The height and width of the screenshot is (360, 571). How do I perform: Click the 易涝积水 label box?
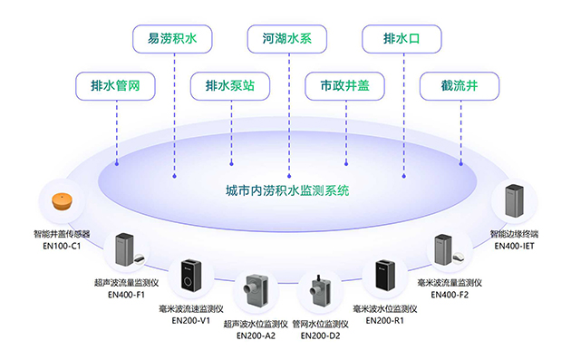coord(172,41)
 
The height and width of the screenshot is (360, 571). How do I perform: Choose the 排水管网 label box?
coord(115,87)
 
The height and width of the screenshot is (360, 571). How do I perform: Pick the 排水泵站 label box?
coord(229,87)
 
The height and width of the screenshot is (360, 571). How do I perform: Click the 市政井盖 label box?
coord(344,87)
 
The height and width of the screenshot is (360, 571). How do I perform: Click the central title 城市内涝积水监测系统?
coord(287,191)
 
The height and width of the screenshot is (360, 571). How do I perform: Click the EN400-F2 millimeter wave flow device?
coord(445,250)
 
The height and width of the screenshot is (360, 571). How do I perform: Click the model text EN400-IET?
coord(518,245)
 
